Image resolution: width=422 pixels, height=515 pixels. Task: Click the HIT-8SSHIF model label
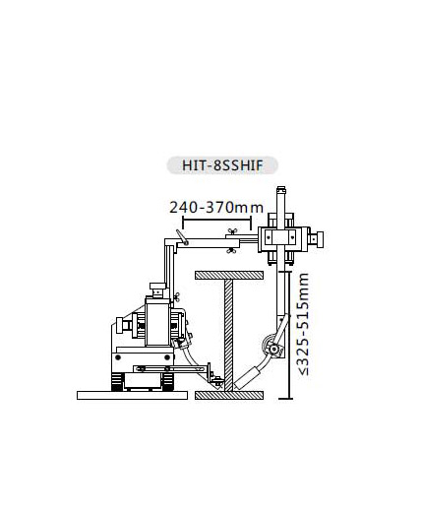pos(222,165)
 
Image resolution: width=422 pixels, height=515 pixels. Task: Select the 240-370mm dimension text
pos(216,208)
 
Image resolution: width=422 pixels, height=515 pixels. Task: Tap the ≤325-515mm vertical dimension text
pos(303,324)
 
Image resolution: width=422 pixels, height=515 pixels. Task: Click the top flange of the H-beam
pos(229,276)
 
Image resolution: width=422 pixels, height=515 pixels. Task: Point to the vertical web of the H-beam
pos(229,336)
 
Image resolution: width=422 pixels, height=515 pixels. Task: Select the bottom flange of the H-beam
pos(229,396)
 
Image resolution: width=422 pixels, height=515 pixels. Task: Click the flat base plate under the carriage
pos(132,395)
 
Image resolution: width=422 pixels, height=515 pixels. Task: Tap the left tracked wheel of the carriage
pos(117,382)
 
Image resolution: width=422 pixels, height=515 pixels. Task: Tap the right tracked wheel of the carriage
pos(168,382)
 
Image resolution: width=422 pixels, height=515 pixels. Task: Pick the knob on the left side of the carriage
pos(121,325)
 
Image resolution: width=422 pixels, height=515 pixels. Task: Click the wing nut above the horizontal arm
pos(233,231)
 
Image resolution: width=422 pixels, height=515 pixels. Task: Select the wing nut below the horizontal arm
pos(231,251)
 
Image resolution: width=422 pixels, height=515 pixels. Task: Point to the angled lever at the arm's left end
pos(181,237)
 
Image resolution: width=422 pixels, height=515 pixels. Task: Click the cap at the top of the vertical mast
pos(281,190)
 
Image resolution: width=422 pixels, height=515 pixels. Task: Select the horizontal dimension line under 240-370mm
pos(217,220)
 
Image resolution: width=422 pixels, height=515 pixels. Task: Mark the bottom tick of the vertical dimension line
pos(285,399)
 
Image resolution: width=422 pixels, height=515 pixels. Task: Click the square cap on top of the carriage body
pos(157,286)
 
